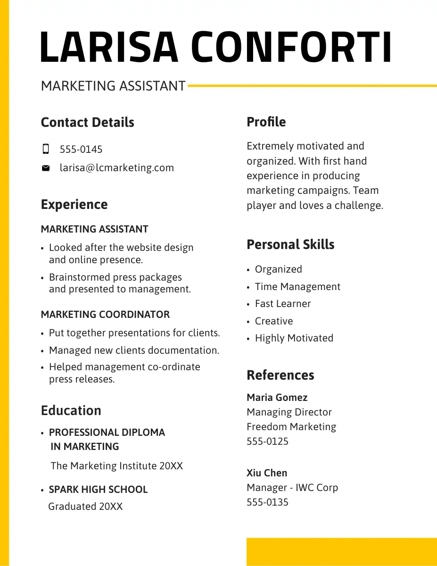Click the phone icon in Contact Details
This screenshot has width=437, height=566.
[x=46, y=150]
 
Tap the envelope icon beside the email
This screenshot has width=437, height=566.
[x=46, y=168]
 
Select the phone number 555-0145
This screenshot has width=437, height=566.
[x=81, y=150]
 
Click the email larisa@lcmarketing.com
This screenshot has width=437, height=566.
[x=116, y=168]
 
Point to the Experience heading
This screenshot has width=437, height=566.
[x=74, y=204]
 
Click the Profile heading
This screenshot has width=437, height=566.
[x=266, y=122]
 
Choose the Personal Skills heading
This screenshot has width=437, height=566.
[x=290, y=244]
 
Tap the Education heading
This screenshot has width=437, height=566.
[x=71, y=410]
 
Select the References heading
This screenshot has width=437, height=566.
[x=280, y=375]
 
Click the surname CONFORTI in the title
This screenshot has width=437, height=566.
[x=291, y=47]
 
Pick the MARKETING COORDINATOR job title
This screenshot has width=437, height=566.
[x=105, y=315]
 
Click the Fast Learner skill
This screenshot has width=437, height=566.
[x=283, y=304]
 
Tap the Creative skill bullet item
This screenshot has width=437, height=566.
[x=274, y=321]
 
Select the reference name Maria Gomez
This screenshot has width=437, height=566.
[x=277, y=398]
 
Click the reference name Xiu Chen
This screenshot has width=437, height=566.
[x=266, y=473]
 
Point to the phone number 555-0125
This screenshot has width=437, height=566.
[x=267, y=441]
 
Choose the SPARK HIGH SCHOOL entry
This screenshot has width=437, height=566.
[x=98, y=490]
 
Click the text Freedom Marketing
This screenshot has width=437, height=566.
[x=291, y=427]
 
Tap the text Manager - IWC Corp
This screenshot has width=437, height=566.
[x=292, y=488]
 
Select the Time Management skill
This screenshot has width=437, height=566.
[x=297, y=287]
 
